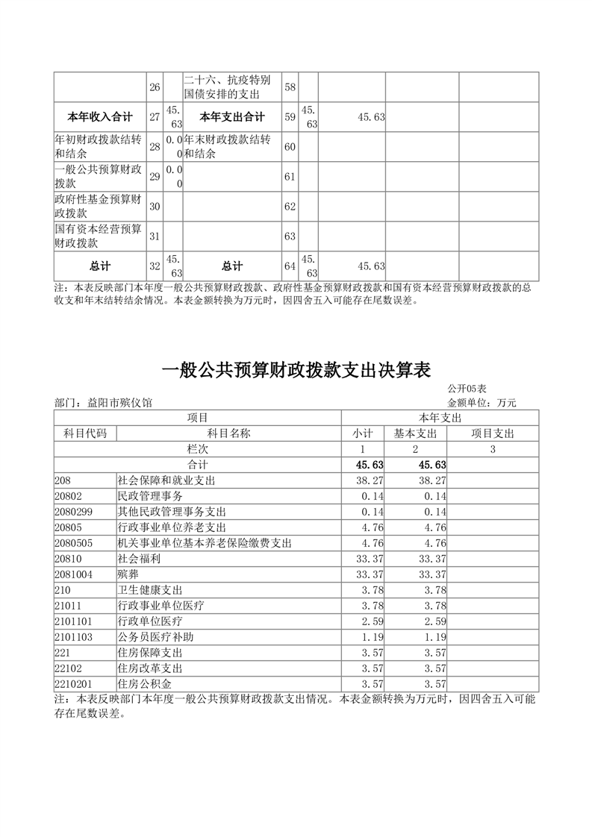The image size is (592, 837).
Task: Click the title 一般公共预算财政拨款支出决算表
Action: (296, 370)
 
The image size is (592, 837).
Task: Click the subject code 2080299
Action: (73, 512)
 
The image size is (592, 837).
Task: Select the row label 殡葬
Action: (128, 574)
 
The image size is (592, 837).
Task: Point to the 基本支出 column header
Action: (415, 433)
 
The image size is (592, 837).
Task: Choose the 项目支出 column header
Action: (493, 433)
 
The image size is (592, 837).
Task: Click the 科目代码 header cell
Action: (85, 433)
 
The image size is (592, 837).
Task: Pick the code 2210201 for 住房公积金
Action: (73, 683)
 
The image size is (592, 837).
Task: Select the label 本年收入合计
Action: (100, 117)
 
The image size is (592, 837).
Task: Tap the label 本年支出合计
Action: (232, 117)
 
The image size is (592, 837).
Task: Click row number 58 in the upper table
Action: (290, 87)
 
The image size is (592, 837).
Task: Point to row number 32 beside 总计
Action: (155, 266)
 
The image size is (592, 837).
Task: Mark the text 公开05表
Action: (467, 389)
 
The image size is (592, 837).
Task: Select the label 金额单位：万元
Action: (482, 402)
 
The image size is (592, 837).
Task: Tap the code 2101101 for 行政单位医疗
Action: (73, 621)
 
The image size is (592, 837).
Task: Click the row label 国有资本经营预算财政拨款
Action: (99, 236)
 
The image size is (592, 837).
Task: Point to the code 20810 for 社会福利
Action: (68, 558)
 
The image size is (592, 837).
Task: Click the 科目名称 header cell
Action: (228, 433)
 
